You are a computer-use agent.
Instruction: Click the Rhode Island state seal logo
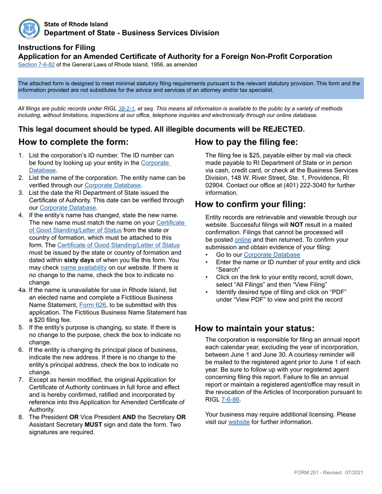29,29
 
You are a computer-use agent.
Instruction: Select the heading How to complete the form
74,142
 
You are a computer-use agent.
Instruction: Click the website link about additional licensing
239,422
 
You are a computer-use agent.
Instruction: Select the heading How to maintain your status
255,328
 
